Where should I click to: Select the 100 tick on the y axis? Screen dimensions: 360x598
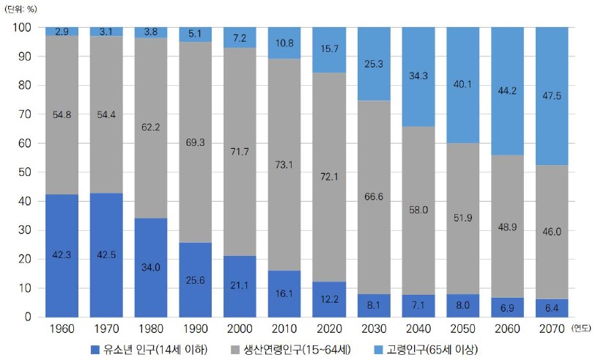[x=21, y=27]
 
